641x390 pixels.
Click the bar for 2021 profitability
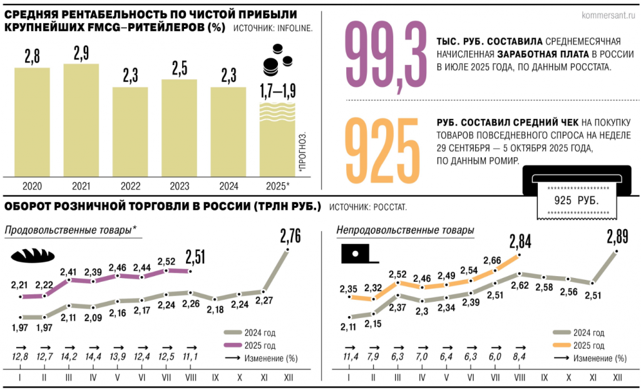click(81, 120)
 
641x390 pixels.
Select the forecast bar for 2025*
click(277, 140)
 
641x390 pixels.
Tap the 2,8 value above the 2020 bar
click(33, 56)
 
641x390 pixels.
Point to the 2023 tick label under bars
click(180, 187)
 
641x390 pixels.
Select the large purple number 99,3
click(386, 56)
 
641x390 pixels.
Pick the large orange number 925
click(382, 150)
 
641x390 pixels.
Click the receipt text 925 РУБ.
click(577, 200)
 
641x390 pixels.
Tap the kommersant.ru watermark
click(608, 16)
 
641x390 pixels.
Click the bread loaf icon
click(33, 255)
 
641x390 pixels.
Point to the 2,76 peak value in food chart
click(290, 236)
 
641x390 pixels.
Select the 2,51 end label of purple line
click(195, 257)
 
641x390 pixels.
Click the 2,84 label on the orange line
click(520, 242)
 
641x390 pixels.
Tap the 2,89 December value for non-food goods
click(617, 237)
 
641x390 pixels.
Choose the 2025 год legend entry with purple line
click(249, 346)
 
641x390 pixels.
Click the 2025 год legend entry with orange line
click(578, 346)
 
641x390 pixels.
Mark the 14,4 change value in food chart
click(93, 357)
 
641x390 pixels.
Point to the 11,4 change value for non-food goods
click(351, 357)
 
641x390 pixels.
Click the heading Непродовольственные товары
click(405, 230)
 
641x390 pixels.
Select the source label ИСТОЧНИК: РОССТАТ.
click(368, 207)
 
